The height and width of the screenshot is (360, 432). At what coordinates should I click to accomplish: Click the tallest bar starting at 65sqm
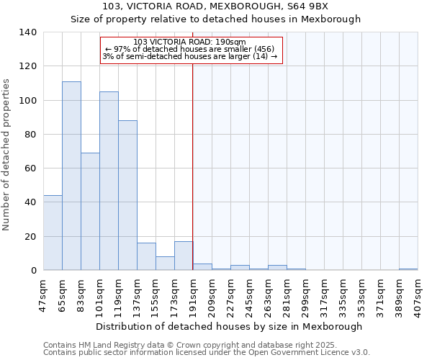[71, 176]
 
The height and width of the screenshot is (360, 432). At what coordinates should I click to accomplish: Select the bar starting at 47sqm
[53, 233]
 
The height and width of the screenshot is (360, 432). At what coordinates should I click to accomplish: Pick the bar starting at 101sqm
[109, 181]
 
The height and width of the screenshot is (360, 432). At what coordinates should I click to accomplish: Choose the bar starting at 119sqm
[127, 195]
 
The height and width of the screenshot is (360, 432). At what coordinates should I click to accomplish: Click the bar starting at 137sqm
[146, 256]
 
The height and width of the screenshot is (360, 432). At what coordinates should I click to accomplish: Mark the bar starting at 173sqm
[184, 256]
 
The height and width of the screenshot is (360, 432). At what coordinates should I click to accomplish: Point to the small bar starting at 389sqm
[408, 269]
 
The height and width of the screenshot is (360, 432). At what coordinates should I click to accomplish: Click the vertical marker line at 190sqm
[193, 166]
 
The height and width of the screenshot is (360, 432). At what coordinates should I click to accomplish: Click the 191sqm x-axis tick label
[192, 294]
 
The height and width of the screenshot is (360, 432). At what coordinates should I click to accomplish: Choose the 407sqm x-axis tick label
[418, 294]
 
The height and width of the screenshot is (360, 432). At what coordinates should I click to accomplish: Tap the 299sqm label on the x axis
[305, 294]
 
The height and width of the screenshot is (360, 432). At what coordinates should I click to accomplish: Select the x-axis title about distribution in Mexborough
[228, 326]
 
